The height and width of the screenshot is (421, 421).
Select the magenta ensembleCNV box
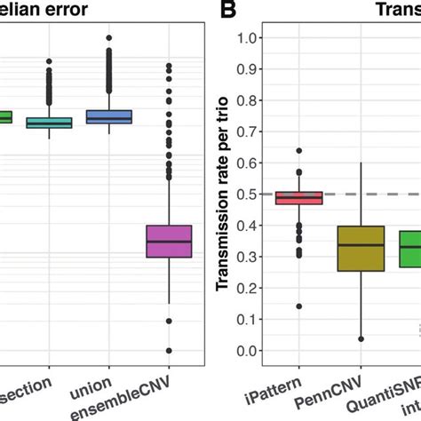[169, 241]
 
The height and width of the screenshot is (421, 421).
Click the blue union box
[108, 116]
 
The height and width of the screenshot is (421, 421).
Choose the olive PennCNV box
[361, 248]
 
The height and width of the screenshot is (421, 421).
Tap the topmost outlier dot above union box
[108, 38]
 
